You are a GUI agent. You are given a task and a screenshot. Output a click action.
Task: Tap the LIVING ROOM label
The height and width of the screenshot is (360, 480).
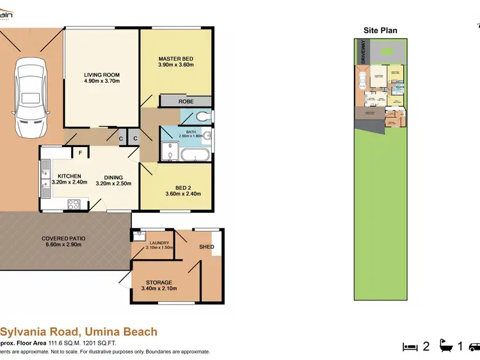click(102, 75)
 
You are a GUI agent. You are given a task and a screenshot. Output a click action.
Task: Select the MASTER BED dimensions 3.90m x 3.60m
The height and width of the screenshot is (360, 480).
click(175, 65)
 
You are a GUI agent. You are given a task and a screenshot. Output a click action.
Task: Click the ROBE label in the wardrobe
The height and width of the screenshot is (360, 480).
click(186, 102)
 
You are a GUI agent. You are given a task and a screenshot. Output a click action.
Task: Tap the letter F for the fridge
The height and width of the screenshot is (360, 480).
click(80, 152)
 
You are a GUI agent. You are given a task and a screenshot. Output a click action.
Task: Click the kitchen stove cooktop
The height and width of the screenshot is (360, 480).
click(74, 205)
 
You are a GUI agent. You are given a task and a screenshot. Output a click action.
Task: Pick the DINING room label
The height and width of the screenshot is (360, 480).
click(113, 178)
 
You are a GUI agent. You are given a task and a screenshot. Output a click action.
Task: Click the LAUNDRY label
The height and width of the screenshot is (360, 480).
click(159, 243)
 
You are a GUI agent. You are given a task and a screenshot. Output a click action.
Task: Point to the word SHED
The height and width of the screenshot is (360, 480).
click(206, 247)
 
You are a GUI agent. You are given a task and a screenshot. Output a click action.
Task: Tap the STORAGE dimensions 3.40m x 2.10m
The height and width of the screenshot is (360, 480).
click(159, 289)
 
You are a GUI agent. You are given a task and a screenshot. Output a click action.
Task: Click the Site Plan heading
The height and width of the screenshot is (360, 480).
click(380, 30)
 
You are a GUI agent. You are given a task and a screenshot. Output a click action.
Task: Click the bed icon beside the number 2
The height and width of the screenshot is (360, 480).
click(410, 347)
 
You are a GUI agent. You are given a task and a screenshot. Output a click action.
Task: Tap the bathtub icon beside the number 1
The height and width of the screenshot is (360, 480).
click(445, 347)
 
